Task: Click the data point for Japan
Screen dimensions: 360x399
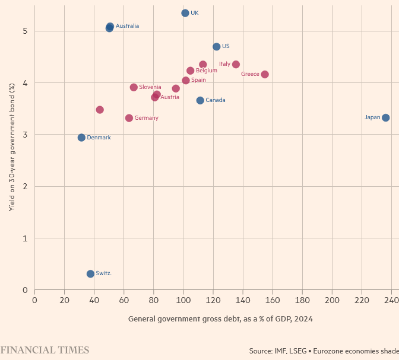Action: click(x=385, y=117)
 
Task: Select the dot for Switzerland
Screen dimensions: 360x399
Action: click(x=90, y=273)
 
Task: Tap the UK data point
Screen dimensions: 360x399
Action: click(x=185, y=13)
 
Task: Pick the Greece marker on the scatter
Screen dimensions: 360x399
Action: click(x=265, y=74)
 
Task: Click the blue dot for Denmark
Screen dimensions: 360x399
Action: click(x=81, y=138)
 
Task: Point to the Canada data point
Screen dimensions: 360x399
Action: click(x=200, y=100)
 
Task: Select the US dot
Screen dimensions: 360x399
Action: click(x=216, y=46)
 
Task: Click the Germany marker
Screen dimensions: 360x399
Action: click(x=129, y=118)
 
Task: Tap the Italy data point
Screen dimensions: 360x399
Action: click(x=236, y=64)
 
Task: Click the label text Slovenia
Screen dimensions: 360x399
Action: click(x=150, y=87)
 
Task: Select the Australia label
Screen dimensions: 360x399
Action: click(x=127, y=26)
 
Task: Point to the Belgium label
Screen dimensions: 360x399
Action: click(x=206, y=71)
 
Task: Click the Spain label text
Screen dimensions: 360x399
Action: click(x=198, y=80)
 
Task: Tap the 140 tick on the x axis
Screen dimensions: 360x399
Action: click(x=243, y=301)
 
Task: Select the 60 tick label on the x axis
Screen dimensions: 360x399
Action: click(x=123, y=301)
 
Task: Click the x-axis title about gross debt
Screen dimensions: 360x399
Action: click(x=220, y=319)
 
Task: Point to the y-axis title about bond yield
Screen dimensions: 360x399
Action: click(x=11, y=146)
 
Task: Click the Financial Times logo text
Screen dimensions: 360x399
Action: click(x=45, y=350)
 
